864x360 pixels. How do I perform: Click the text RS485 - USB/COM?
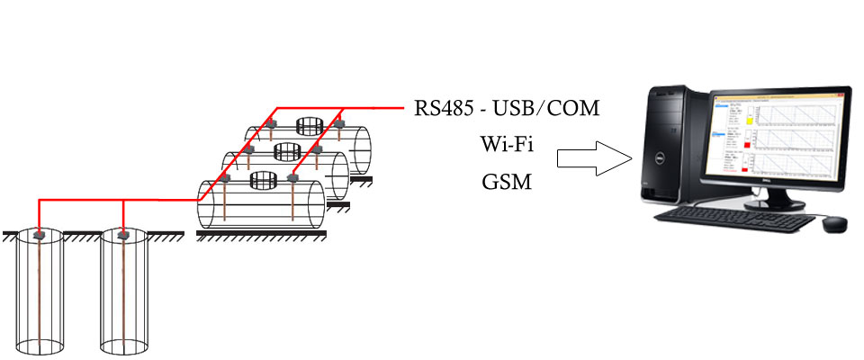tap(507, 109)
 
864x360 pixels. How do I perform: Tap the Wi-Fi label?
tap(507, 145)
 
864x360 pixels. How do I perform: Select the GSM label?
tap(507, 182)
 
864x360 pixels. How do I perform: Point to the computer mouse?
tap(834, 222)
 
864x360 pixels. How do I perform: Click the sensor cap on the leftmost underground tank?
tap(40, 235)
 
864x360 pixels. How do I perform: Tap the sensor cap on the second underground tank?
tap(125, 235)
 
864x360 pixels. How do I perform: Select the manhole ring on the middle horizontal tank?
tap(286, 150)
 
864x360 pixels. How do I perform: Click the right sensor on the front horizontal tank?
tap(293, 180)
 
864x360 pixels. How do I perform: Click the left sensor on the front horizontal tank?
tap(226, 180)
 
